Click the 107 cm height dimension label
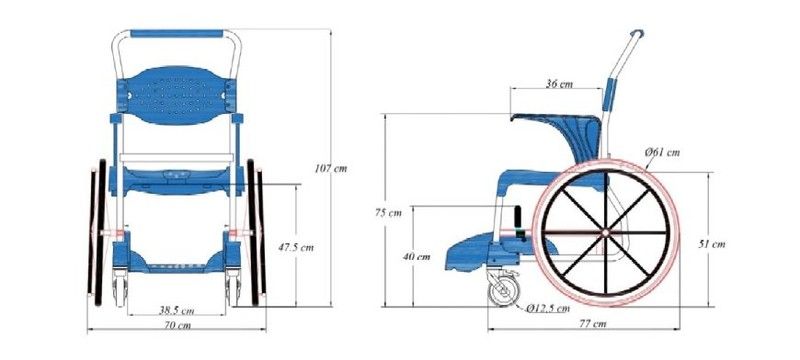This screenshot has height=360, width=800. [331, 169]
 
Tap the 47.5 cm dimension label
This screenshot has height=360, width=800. [296, 248]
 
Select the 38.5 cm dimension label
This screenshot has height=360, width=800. [177, 310]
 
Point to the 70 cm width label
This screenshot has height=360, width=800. [178, 325]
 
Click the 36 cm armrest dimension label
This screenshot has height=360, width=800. [559, 84]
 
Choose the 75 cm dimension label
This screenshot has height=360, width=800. [388, 213]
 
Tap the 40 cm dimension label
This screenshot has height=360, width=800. [416, 256]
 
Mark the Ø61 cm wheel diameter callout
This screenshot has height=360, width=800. [662, 152]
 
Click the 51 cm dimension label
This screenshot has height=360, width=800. [712, 244]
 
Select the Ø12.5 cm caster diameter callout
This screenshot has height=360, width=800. [548, 308]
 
